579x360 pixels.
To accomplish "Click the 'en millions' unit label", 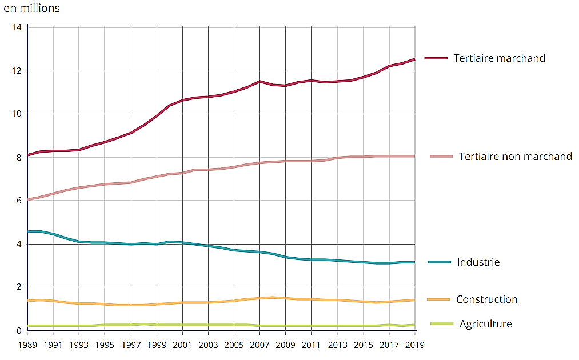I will [31, 9].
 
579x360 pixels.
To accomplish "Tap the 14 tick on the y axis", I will [17, 27].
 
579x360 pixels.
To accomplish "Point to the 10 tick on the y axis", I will [17, 114].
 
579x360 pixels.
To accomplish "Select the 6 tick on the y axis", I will [19, 201].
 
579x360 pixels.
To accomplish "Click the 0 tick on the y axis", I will [19, 331].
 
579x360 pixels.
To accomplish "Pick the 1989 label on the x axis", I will [27, 345].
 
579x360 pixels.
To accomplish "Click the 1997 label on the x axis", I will [131, 345].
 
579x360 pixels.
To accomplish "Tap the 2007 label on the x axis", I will [260, 345].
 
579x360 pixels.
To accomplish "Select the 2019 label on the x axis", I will [415, 345].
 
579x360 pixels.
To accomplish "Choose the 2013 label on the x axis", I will [337, 345].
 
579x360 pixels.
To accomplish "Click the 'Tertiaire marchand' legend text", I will [499, 58].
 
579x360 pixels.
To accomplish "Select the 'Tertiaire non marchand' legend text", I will [515, 157].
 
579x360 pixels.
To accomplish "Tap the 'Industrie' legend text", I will [478, 262].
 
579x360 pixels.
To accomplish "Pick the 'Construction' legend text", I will [486, 299].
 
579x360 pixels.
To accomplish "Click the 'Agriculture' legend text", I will [485, 324].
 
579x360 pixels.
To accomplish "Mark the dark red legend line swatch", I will [436, 58].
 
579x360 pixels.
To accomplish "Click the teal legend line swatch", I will [440, 262].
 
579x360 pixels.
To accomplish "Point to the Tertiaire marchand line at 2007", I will [260, 82].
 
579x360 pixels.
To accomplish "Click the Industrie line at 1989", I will [28, 231].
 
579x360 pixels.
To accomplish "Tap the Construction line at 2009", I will [286, 298].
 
